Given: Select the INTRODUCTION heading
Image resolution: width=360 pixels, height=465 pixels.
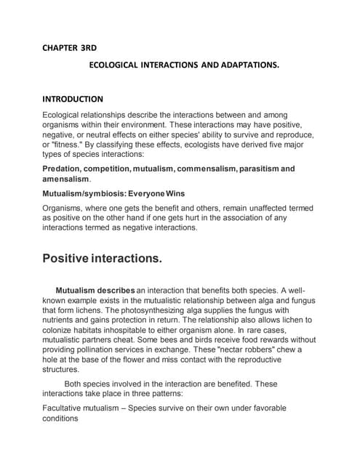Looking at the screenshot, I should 73,99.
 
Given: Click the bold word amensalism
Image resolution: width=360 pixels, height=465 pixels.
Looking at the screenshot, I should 65,179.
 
